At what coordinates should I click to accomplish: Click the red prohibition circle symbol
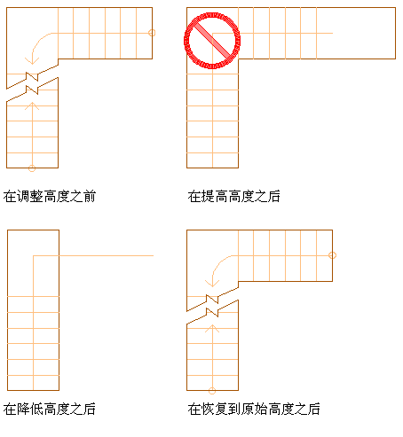[x=212, y=13]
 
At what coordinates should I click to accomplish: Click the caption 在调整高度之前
[x=50, y=197]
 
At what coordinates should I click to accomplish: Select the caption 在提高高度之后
[x=233, y=197]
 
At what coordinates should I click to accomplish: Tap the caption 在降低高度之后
[x=50, y=410]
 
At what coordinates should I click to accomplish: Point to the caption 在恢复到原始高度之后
[x=254, y=410]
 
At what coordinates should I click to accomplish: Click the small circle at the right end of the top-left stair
[x=152, y=33]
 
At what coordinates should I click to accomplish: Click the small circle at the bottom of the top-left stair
[x=32, y=168]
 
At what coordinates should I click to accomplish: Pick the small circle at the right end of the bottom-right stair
[x=332, y=255]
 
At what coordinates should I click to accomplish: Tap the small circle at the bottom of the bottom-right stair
[x=212, y=391]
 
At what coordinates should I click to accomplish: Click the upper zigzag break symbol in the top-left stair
[x=32, y=77]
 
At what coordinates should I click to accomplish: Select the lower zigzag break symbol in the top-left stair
[x=32, y=90]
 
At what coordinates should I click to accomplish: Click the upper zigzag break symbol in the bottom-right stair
[x=212, y=300]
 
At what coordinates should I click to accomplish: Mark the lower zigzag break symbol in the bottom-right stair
[x=212, y=312]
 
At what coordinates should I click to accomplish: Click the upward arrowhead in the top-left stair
[x=32, y=105]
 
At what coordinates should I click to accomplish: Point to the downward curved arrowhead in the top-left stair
[x=32, y=61]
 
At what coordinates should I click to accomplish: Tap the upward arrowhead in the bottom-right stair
[x=212, y=328]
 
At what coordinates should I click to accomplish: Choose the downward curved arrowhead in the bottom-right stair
[x=212, y=284]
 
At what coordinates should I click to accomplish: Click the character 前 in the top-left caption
[x=90, y=197]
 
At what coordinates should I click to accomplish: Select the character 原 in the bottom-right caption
[x=248, y=410]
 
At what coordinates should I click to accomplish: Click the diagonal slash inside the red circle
[x=212, y=41]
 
